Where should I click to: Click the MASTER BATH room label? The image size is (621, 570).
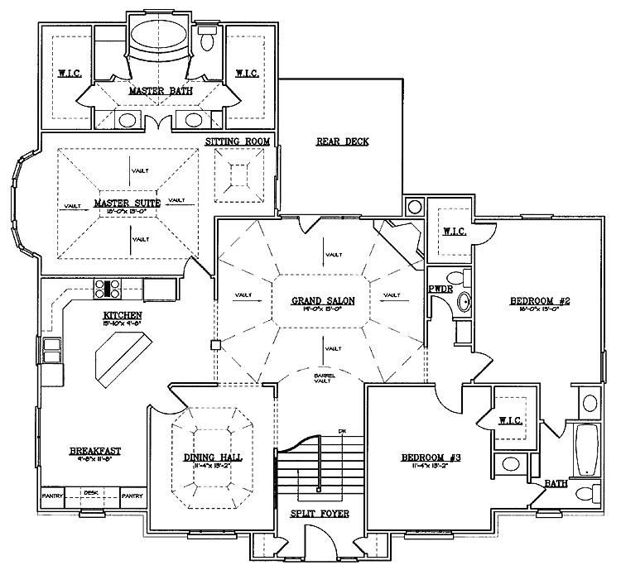tap(161, 91)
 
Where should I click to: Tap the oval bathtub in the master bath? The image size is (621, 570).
tap(157, 37)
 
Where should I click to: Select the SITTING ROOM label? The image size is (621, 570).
tap(238, 142)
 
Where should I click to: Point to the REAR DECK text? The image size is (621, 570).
tap(342, 141)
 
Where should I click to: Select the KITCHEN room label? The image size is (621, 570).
tap(123, 316)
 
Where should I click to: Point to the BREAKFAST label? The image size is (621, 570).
tap(95, 450)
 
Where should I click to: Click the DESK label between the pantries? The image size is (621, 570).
tap(90, 491)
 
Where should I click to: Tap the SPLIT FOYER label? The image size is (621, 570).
tap(319, 514)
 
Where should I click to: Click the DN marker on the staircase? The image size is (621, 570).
tap(341, 431)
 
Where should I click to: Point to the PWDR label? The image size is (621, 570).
tap(440, 290)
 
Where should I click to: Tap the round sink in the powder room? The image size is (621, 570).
tap(465, 304)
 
